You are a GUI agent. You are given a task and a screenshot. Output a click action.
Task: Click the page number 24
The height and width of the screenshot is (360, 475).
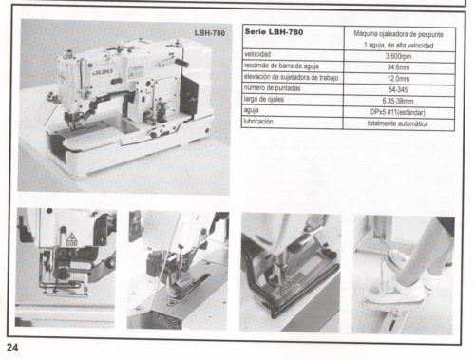click(12, 348)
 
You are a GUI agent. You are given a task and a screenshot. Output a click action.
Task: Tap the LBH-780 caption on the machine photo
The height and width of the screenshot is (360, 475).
click(210, 33)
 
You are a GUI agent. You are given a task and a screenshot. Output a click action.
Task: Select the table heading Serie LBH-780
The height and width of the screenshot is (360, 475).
click(274, 32)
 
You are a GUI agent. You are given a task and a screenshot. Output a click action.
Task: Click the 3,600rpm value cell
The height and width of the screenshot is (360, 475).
click(398, 56)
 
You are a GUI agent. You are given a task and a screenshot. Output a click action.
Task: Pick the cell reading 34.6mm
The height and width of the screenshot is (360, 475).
click(398, 67)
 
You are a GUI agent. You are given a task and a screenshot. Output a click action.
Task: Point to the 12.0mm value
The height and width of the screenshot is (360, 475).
click(398, 79)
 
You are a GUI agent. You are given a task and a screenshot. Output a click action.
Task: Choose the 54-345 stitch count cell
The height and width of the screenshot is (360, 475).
click(398, 90)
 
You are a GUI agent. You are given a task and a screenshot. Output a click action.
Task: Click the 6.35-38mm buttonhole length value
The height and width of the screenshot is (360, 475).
click(398, 102)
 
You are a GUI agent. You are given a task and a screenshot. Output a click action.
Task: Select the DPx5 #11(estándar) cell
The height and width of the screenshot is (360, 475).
click(398, 112)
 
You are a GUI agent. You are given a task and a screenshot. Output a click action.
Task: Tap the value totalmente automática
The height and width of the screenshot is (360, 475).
click(398, 123)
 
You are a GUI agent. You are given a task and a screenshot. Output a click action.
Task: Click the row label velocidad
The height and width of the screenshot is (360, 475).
click(257, 54)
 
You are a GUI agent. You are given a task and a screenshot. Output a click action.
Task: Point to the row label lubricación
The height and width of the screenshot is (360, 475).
click(258, 122)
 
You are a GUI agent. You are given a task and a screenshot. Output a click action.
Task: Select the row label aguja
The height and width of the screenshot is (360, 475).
click(251, 110)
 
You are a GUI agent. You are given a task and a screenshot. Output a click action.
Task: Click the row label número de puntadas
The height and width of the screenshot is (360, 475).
click(272, 88)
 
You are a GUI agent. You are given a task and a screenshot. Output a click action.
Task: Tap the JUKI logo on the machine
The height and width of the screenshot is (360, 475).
click(103, 72)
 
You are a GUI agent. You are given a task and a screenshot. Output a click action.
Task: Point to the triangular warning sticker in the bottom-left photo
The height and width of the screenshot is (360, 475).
click(71, 239)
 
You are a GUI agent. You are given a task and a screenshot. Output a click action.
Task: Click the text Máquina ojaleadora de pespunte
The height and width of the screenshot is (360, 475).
click(398, 34)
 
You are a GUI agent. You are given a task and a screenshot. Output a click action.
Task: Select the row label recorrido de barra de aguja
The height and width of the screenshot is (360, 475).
click(281, 66)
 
